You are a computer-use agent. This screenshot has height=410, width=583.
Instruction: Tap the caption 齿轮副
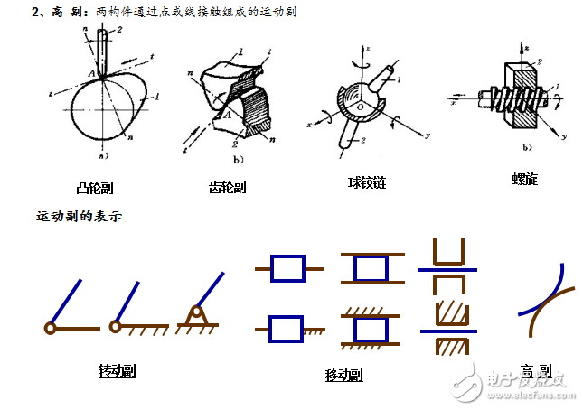227,188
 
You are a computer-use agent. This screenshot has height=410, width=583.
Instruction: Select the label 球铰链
367,182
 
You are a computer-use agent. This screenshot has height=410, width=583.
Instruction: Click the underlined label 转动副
117,370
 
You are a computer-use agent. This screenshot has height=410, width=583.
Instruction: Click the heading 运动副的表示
79,217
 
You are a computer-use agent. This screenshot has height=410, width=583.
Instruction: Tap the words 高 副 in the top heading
64,14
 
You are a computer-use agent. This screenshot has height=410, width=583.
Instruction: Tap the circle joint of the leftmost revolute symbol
50,326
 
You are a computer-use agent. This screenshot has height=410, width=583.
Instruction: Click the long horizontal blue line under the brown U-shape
448,268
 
